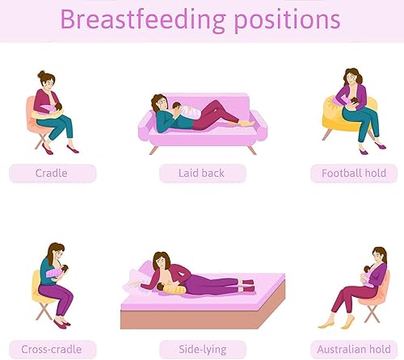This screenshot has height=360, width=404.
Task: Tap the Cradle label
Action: click(52, 173)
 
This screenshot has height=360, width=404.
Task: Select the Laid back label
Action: click(202, 173)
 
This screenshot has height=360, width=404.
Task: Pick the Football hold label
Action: click(354, 173)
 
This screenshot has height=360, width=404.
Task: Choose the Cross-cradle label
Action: click(52, 350)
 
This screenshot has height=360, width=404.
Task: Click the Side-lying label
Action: click(203, 350)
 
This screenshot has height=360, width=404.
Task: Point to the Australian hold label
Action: click(354, 350)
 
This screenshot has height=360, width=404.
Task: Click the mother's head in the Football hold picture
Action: click(354, 77)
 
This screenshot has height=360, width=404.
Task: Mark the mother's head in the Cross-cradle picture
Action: click(56, 252)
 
